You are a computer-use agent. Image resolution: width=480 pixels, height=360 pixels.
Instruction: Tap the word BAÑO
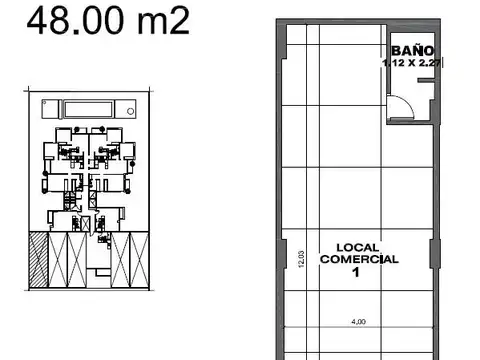(411, 49)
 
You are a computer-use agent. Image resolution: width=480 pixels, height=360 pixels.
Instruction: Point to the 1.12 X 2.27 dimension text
(413, 62)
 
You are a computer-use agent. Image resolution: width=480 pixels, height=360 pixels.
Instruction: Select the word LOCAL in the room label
(357, 247)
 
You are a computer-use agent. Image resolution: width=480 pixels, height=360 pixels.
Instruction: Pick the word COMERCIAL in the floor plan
(358, 259)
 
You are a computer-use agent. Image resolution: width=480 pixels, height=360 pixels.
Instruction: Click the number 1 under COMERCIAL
(356, 271)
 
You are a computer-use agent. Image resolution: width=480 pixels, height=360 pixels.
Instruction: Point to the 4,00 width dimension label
(358, 321)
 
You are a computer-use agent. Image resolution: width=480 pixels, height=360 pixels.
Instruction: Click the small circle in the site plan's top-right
(127, 107)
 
